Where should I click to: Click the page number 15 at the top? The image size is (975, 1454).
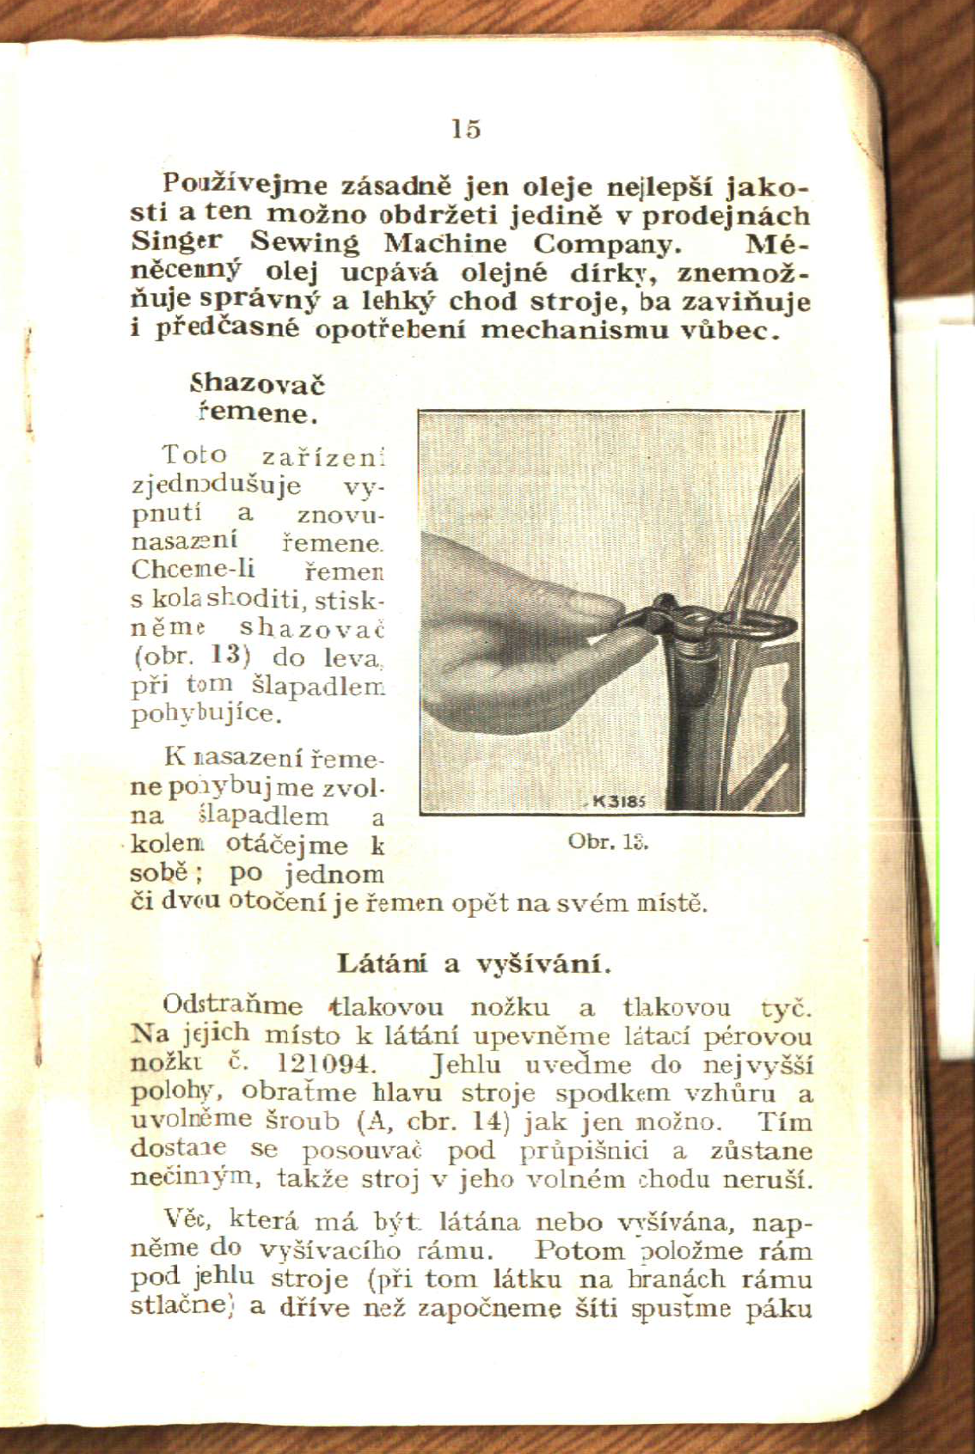(466, 129)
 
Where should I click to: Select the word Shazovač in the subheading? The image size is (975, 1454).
(257, 383)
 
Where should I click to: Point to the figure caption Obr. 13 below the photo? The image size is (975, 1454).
(608, 841)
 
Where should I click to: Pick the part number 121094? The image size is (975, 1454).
(328, 1064)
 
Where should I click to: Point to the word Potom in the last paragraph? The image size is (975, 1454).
(579, 1250)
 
